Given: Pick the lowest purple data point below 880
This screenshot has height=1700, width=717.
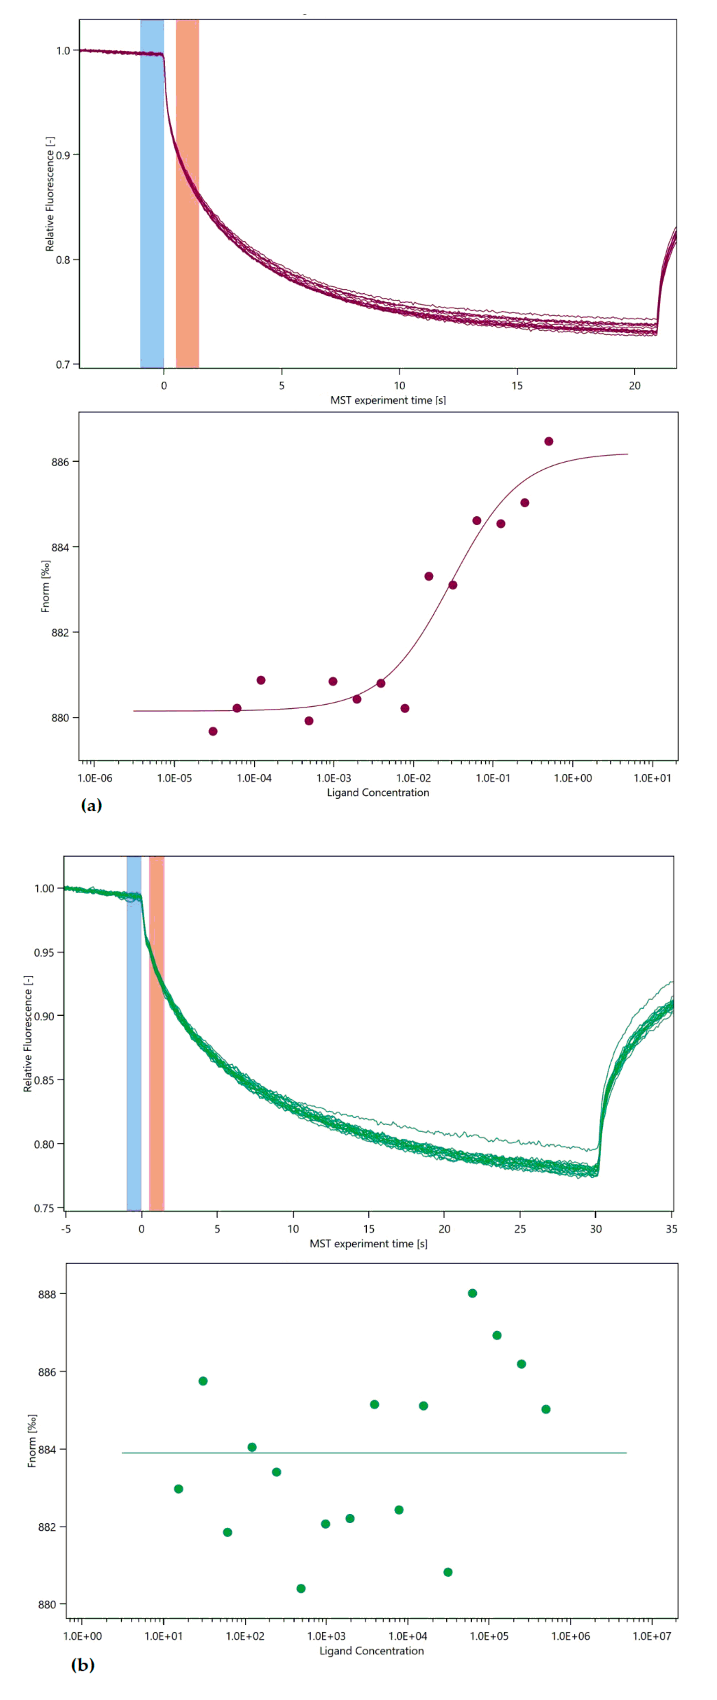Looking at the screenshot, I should tap(213, 731).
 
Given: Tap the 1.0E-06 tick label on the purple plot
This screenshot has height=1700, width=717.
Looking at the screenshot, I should tap(95, 778).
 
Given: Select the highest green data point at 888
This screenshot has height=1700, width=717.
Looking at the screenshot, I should tap(472, 1293).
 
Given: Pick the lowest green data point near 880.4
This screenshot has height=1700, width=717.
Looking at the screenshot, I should tap(301, 1589).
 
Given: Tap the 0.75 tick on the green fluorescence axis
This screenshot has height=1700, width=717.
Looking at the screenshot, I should tap(44, 1208).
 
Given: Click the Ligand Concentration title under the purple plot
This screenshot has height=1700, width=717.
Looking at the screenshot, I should tap(378, 793).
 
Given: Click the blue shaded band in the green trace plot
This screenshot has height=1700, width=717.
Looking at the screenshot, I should tap(134, 1056).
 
